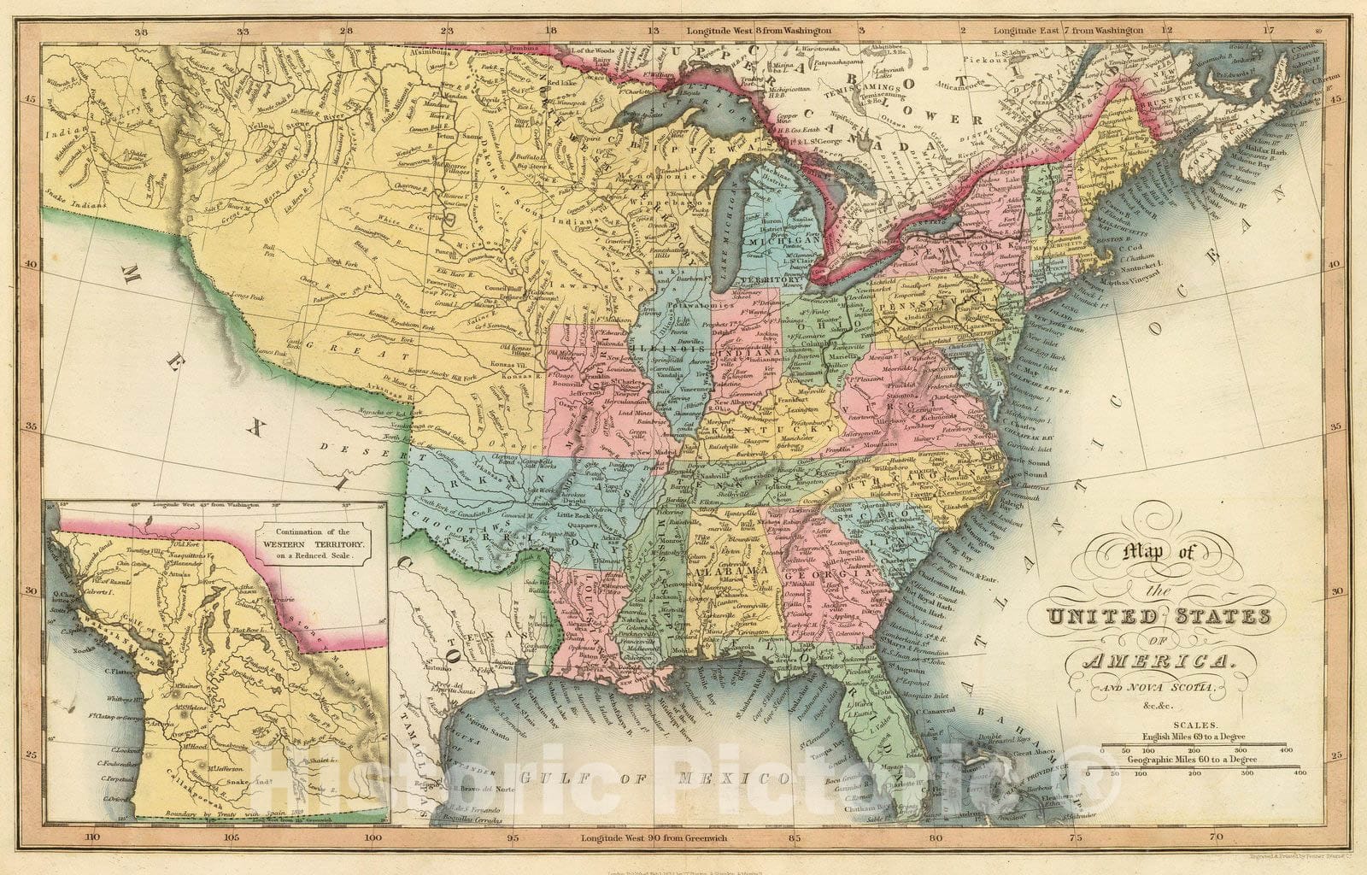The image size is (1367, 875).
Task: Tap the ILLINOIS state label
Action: tap(670, 349)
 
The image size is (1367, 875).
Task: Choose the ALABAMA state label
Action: tap(718, 572)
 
